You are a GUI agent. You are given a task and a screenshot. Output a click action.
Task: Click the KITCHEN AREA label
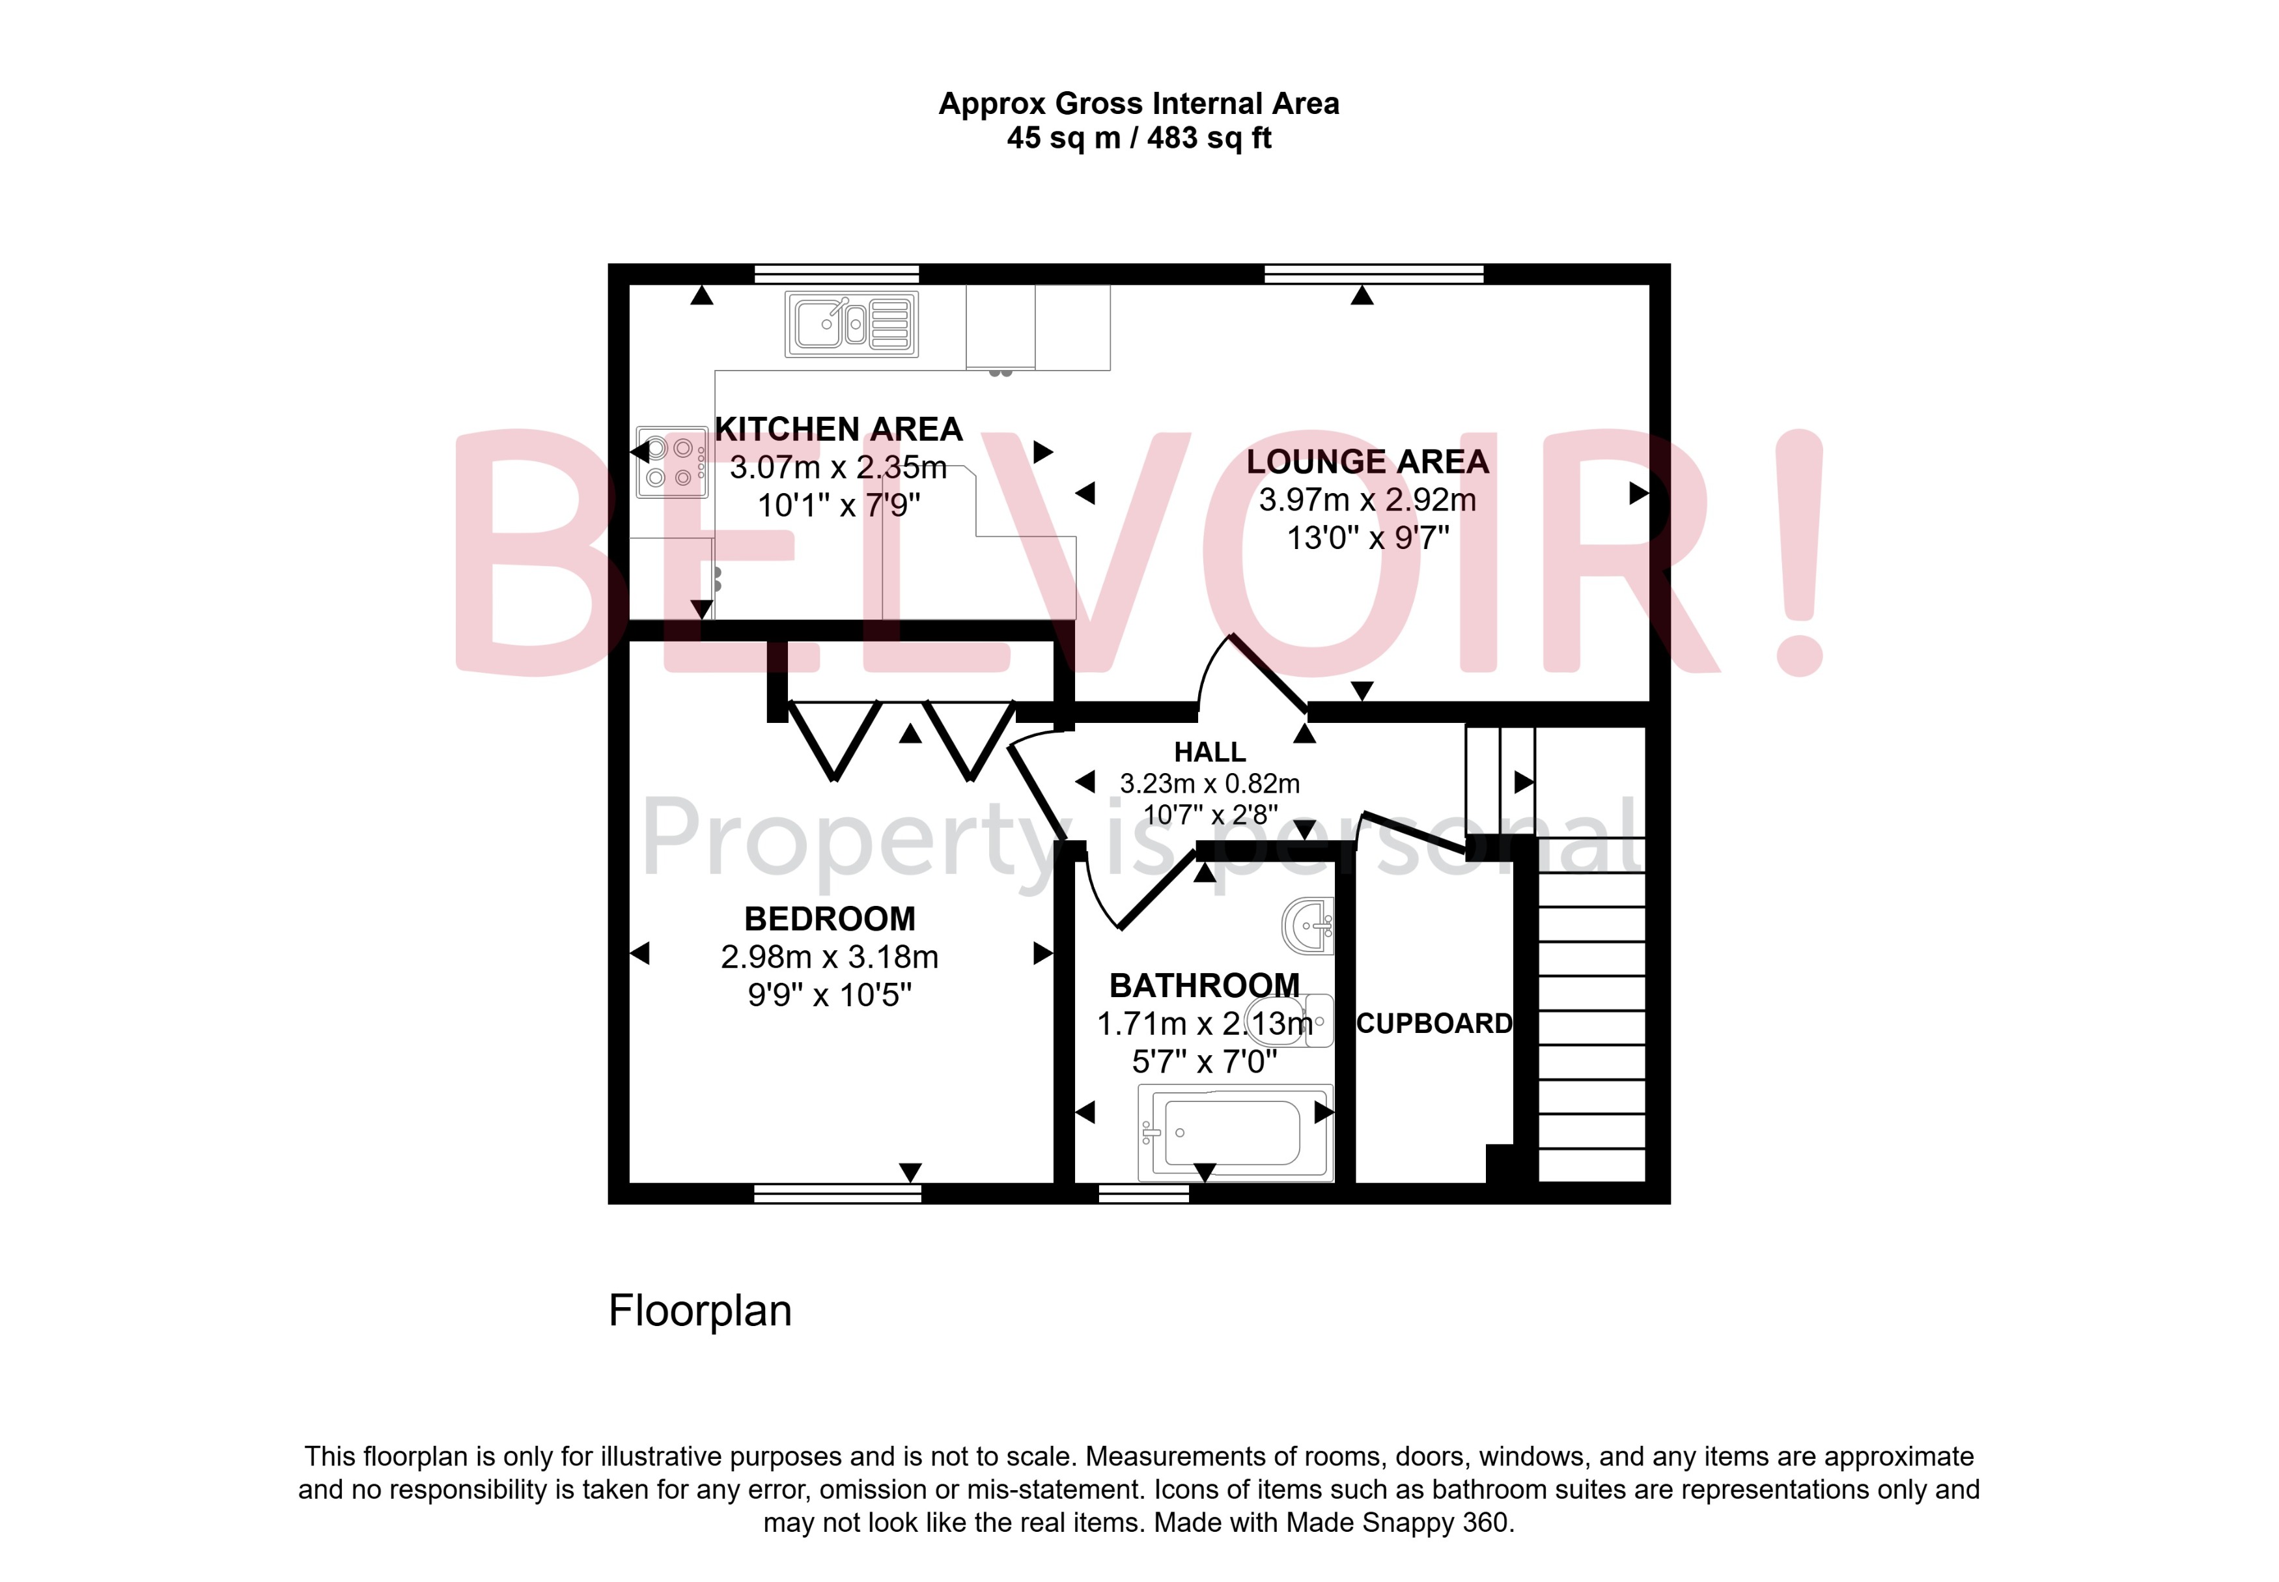pyautogui.click(x=838, y=429)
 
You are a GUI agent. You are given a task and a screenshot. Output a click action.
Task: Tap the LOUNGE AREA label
pyautogui.click(x=1366, y=462)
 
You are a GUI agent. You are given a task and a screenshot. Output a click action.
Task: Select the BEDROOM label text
pyautogui.click(x=830, y=919)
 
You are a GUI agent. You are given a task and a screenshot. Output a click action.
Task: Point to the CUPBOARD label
pyautogui.click(x=1434, y=1023)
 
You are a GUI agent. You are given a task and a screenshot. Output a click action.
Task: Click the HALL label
pyautogui.click(x=1209, y=752)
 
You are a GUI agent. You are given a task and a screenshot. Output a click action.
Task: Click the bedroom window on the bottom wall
pyautogui.click(x=837, y=1193)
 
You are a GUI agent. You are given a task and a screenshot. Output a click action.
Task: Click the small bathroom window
pyautogui.click(x=1143, y=1193)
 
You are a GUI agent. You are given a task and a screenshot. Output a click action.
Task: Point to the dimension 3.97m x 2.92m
pyautogui.click(x=1366, y=500)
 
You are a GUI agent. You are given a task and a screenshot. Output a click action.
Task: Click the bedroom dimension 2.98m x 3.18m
pyautogui.click(x=830, y=957)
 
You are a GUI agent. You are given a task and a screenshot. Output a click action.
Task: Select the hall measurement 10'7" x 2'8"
pyautogui.click(x=1210, y=815)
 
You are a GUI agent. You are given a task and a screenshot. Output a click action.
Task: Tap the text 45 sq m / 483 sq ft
pyautogui.click(x=1138, y=138)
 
